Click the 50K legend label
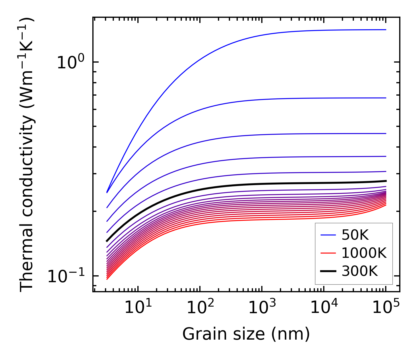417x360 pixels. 355,235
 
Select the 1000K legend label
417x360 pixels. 364,253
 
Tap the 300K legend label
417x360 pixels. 360,271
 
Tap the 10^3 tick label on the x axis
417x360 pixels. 262,308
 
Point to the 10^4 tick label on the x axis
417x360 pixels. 324,308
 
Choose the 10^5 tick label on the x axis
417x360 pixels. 385,308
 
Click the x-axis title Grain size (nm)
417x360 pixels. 246,335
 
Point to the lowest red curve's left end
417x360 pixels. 107,279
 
